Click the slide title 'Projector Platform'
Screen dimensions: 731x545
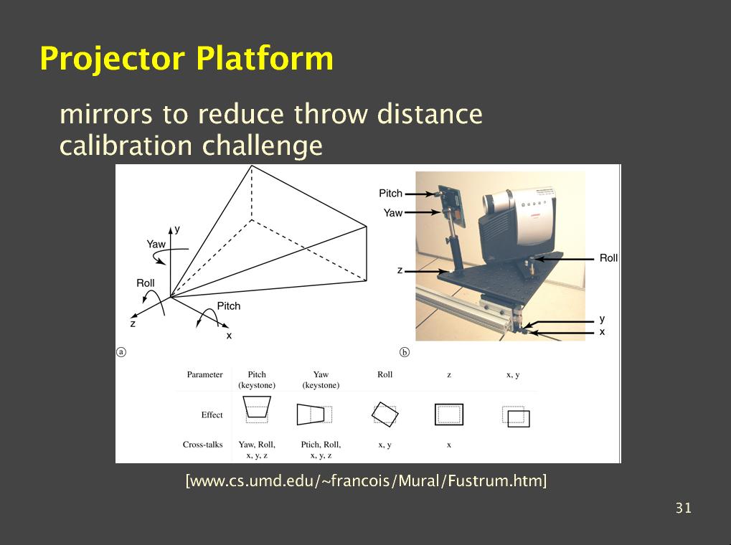coord(187,59)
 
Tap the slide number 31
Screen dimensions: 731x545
coord(684,508)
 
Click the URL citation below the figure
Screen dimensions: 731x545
coord(366,480)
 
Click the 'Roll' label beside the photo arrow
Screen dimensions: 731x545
coord(608,258)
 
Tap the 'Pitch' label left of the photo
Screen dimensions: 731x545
coord(391,194)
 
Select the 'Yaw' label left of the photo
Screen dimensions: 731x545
coord(393,213)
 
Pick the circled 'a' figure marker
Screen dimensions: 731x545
coord(121,352)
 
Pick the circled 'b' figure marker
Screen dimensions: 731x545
coord(405,352)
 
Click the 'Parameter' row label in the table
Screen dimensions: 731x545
coord(204,374)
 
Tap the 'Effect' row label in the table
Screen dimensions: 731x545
coord(212,415)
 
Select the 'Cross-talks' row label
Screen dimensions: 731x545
coord(203,445)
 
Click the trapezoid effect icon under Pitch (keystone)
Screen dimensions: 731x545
coord(257,407)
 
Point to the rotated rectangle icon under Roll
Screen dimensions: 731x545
coord(385,414)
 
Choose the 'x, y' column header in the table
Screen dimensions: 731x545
coord(513,375)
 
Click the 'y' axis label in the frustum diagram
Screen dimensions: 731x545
coord(177,229)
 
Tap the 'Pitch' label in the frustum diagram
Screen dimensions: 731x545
coord(229,306)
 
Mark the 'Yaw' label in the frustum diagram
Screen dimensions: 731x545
coord(156,245)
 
